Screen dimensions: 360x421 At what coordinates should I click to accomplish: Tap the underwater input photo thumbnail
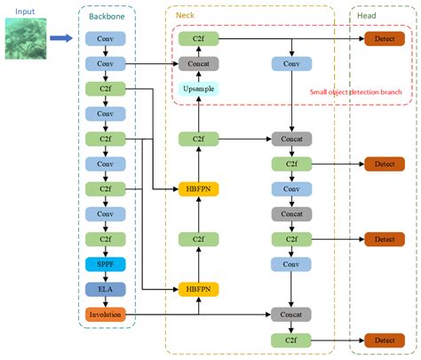pyautogui.click(x=26, y=39)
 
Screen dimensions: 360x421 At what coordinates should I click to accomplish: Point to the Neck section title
pyautogui.click(x=185, y=16)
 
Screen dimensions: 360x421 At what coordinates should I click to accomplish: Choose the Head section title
pyautogui.click(x=367, y=16)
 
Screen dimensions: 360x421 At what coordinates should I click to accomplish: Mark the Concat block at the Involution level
pyautogui.click(x=292, y=315)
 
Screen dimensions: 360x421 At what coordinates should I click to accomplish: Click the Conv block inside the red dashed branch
pyautogui.click(x=292, y=64)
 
